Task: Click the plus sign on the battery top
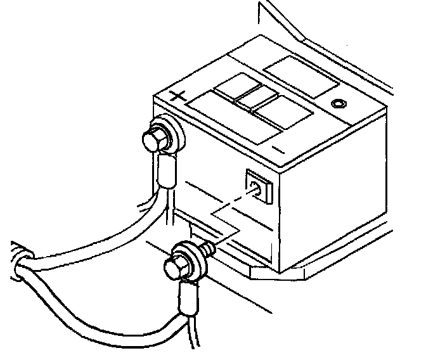click(x=179, y=98)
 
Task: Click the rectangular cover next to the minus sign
click(x=282, y=117)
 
